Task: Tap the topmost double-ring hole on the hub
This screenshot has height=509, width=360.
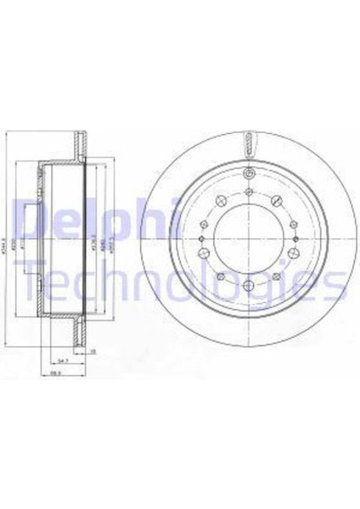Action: pyautogui.click(x=247, y=175)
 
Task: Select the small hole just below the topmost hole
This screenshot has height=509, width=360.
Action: pyautogui.click(x=247, y=192)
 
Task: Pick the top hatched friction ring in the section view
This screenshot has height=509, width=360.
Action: pyautogui.click(x=82, y=143)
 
